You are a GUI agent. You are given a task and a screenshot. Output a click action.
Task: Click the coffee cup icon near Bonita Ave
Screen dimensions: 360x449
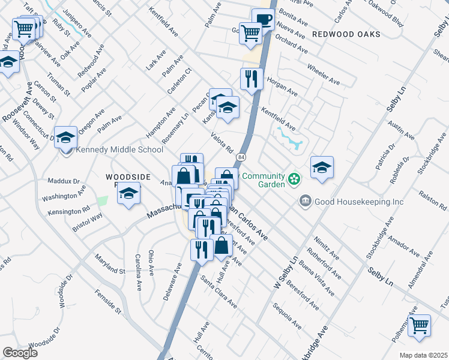(263, 19)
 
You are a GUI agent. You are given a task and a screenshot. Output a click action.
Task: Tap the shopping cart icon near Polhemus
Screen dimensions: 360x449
(419, 325)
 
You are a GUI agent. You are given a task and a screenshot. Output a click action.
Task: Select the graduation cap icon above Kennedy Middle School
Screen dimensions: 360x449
(65, 136)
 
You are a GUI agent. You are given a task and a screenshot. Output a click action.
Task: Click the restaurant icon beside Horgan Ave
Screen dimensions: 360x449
(252, 78)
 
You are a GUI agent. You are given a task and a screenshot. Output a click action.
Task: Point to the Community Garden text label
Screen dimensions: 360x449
(263, 180)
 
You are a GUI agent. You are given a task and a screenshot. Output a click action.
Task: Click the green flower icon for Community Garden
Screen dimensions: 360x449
(294, 179)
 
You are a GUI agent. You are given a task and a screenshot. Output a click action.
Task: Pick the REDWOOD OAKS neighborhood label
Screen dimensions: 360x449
(346, 34)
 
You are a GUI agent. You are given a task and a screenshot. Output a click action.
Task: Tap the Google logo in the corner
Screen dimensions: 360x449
(20, 353)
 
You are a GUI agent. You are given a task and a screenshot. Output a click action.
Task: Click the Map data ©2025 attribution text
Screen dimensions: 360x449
(423, 355)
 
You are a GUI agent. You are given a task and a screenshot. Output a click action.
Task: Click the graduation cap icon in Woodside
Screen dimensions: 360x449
(128, 193)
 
